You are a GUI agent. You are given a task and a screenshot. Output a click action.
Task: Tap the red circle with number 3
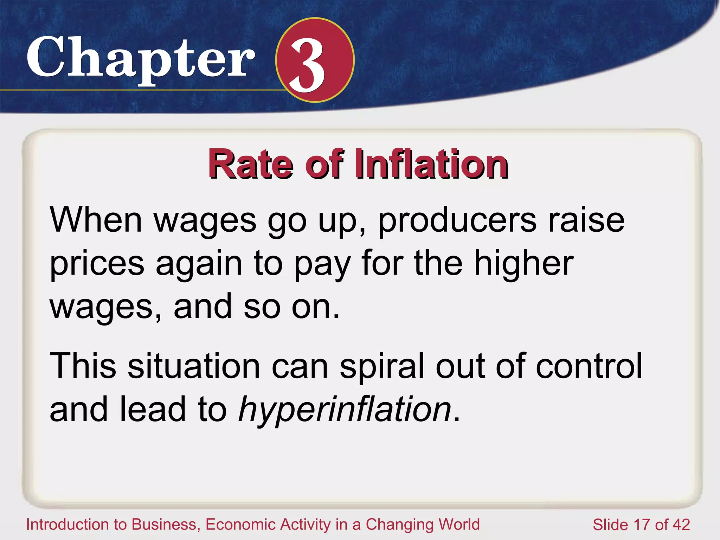(315, 60)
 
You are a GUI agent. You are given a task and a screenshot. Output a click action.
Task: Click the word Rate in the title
(250, 164)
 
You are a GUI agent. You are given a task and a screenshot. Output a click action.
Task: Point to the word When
(96, 220)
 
